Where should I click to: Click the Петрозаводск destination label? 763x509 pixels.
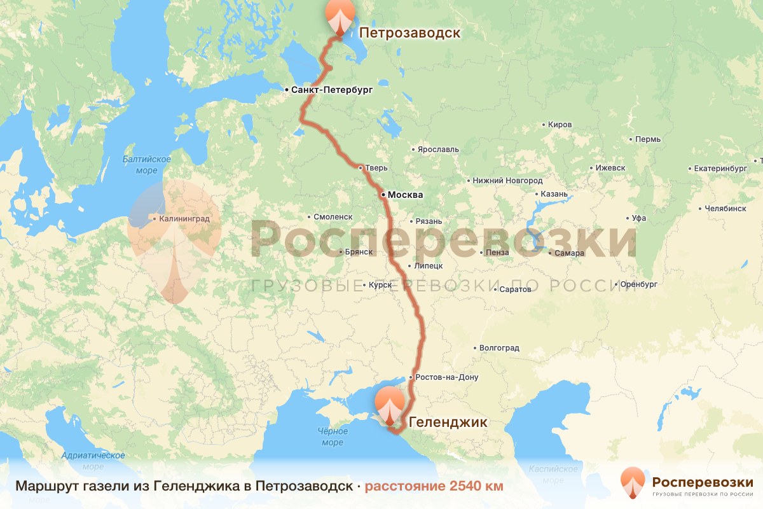(409, 33)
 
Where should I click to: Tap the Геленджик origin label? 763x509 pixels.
(448, 422)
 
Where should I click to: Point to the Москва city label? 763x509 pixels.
(405, 195)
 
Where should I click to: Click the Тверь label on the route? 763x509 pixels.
(376, 169)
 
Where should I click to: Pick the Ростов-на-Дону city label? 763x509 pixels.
(448, 377)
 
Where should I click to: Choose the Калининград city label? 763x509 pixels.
(184, 219)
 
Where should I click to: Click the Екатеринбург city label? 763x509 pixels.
(720, 169)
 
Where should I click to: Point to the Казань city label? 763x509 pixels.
(554, 194)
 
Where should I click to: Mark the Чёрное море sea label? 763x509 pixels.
(332, 437)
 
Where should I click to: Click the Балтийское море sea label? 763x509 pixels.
(146, 165)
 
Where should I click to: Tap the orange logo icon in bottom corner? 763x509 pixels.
(633, 483)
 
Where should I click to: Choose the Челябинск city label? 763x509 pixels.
(725, 209)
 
